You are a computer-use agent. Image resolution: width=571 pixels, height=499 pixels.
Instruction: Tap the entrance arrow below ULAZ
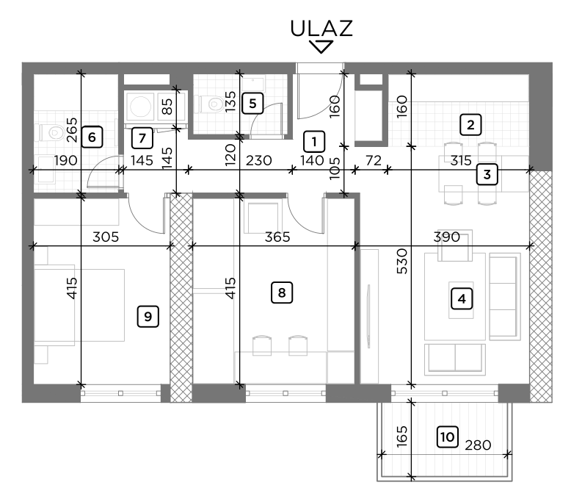[321, 47]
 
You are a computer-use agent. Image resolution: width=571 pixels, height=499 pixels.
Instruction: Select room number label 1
[313, 140]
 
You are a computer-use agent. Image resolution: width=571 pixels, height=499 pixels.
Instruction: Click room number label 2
[470, 124]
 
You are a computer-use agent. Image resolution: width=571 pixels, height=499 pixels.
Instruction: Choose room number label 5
[252, 103]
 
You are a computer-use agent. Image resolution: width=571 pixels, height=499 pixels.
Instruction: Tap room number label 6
[91, 136]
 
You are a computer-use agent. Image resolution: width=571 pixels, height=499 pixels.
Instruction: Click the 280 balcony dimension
[477, 445]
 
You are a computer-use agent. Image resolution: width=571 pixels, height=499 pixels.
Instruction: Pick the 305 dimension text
[106, 237]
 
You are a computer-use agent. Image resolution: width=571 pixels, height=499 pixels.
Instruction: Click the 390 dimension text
[446, 237]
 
